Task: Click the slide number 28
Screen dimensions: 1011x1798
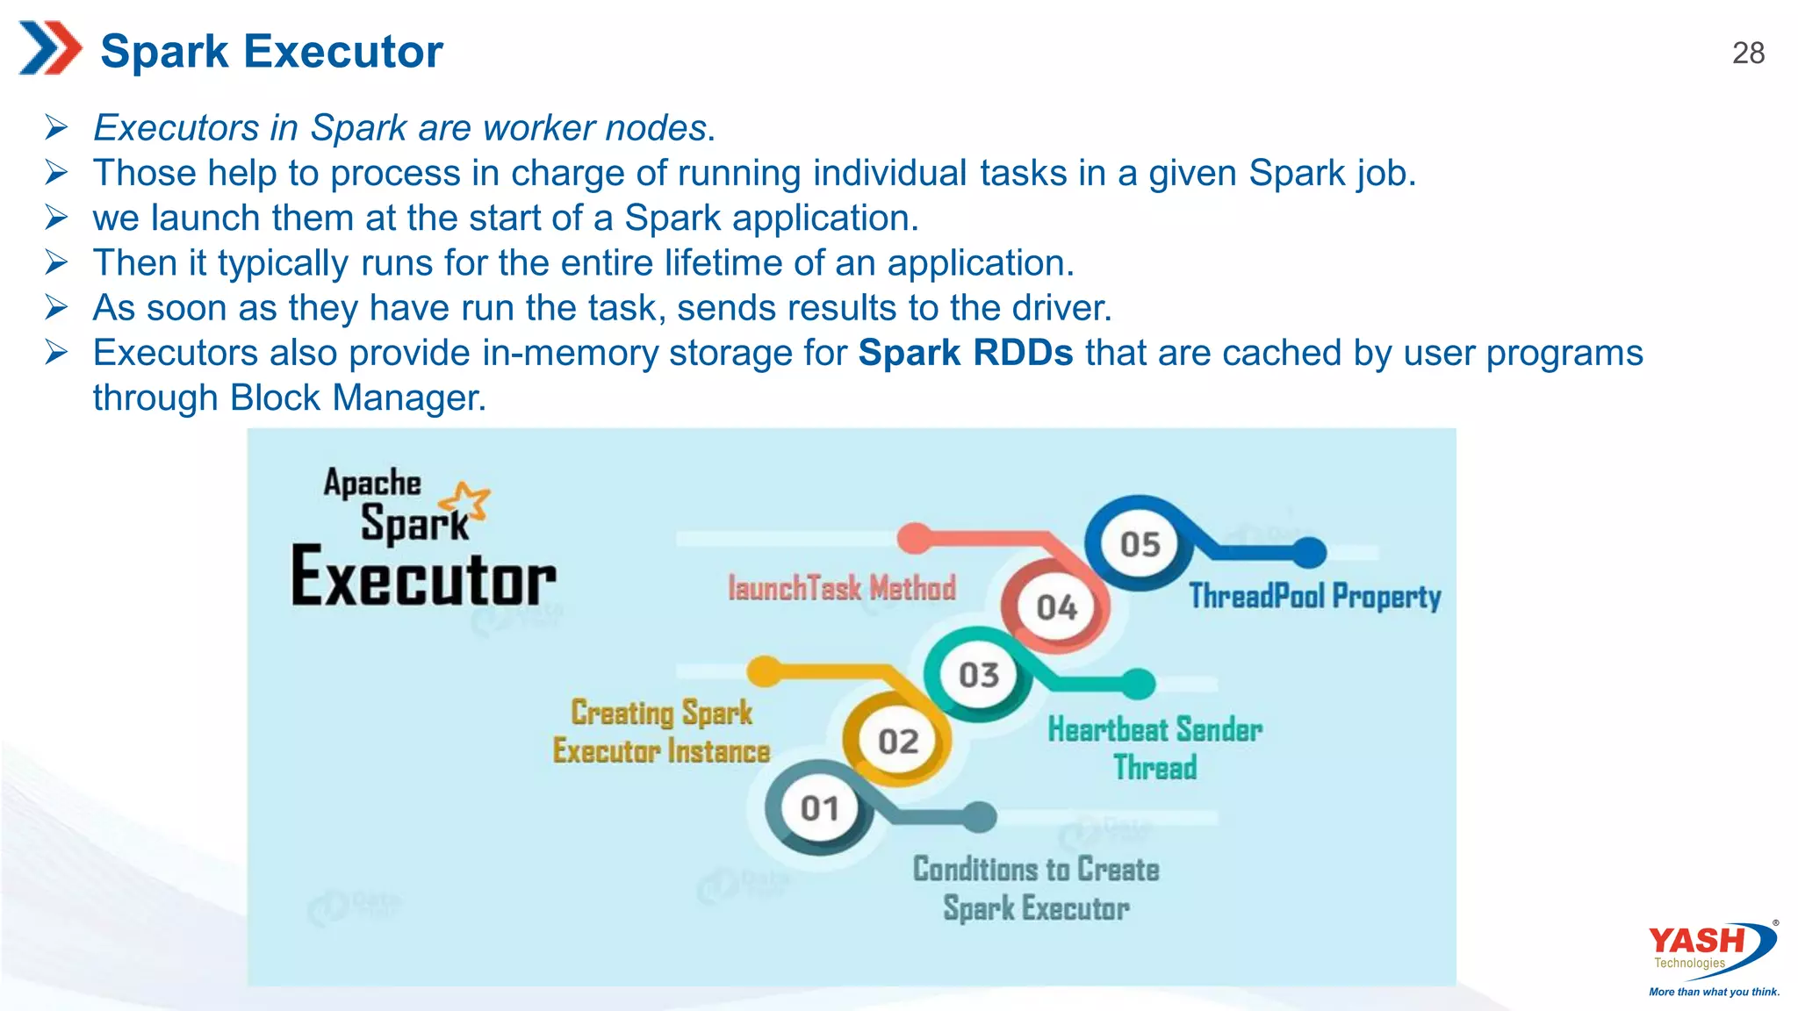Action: (1748, 54)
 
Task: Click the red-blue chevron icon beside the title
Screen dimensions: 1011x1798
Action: (49, 48)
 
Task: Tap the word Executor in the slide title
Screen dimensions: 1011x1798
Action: (343, 52)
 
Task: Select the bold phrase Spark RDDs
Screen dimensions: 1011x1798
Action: (965, 353)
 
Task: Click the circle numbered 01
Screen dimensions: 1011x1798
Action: (819, 808)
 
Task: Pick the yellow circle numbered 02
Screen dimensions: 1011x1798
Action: (897, 742)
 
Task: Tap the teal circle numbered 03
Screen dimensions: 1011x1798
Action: (978, 675)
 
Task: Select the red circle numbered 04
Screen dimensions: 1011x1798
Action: (1056, 607)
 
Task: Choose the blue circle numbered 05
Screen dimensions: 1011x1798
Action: (1140, 545)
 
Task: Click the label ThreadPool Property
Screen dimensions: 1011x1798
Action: (1314, 596)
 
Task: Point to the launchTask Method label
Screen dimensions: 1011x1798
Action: (841, 588)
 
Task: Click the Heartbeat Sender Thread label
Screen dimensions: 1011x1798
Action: (1154, 748)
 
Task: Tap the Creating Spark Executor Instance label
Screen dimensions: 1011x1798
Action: (662, 732)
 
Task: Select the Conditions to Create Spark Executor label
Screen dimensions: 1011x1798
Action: (1036, 888)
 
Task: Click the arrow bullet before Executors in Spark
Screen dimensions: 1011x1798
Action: (56, 128)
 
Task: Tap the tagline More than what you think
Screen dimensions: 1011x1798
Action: (1714, 992)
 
